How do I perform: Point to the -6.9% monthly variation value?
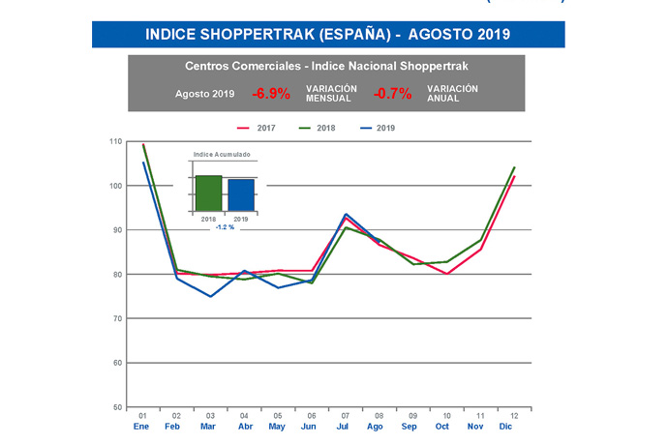coord(271,94)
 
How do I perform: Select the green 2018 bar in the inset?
coord(208,193)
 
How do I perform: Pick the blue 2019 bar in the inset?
coord(241,194)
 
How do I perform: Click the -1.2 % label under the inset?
coord(225,228)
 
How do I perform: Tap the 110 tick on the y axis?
coord(116,141)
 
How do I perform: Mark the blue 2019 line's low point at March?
coord(210,296)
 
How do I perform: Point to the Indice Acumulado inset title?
coord(223,155)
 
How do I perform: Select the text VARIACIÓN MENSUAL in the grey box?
coord(332,94)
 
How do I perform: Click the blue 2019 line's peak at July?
coord(346,214)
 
